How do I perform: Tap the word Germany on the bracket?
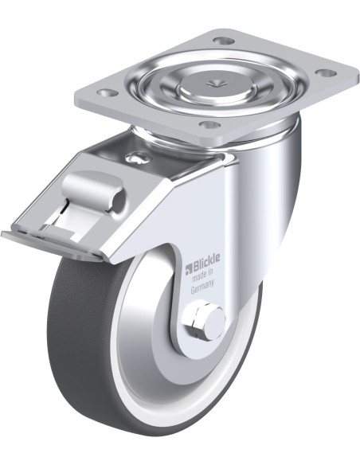[x=202, y=287]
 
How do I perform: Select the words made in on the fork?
[x=202, y=276]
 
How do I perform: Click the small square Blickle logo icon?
[x=188, y=268]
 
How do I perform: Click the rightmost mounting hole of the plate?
[x=326, y=72]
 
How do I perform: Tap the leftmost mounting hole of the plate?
[x=108, y=93]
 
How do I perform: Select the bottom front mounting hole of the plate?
[x=210, y=125]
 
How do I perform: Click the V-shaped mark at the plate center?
[x=216, y=84]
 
